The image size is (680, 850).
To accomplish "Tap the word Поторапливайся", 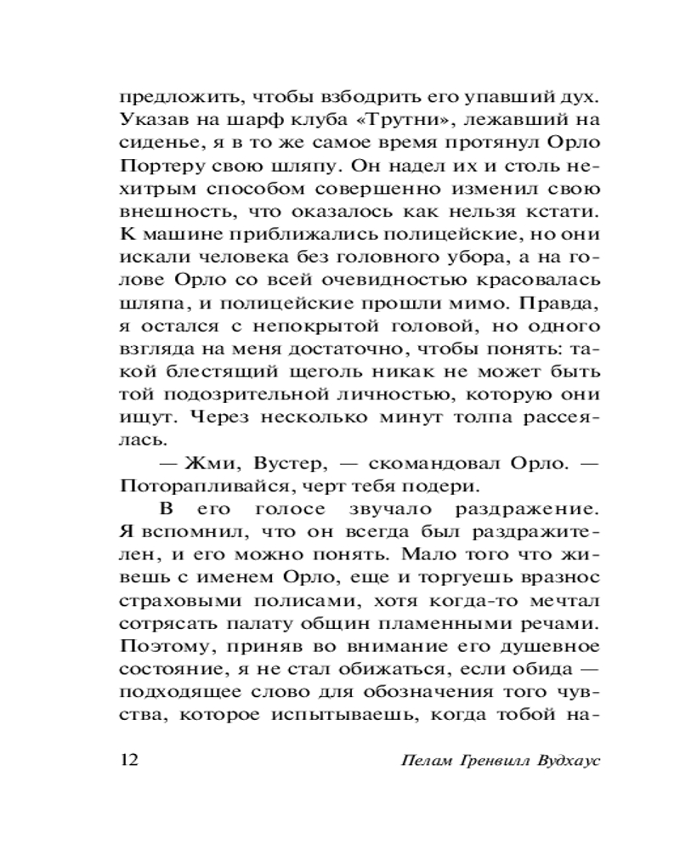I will [204, 487].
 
